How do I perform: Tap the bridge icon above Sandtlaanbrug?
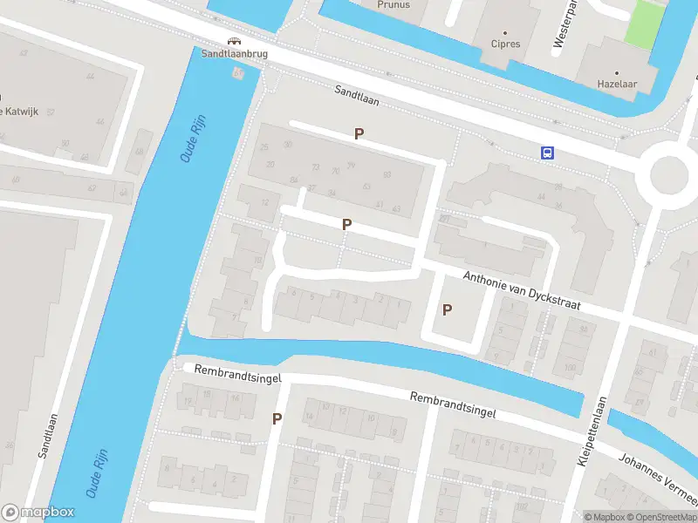point(233,40)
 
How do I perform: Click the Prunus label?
point(393,4)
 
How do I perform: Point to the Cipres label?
point(505,44)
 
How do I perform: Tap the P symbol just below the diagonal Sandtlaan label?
point(358,133)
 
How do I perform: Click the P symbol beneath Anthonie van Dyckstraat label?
point(448,309)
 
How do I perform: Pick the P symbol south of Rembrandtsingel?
point(277,418)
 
